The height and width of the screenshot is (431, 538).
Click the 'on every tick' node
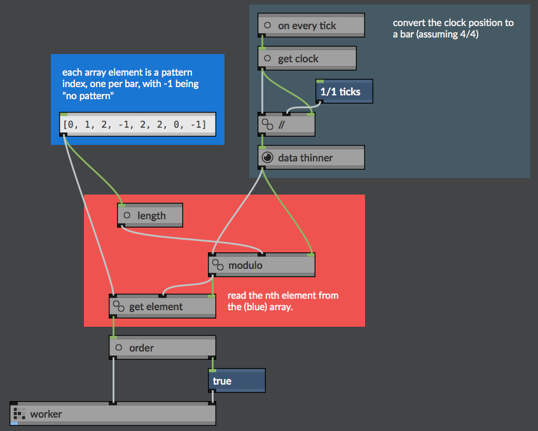(311, 25)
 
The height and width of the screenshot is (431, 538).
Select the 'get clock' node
(307, 58)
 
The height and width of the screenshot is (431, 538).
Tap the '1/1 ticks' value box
(344, 91)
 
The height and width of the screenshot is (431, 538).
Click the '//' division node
(286, 125)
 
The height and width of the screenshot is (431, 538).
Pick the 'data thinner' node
(311, 158)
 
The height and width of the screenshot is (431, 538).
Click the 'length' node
(150, 215)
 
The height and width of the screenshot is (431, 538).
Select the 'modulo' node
(261, 265)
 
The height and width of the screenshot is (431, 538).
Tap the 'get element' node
(162, 306)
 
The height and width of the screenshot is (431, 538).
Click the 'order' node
(162, 348)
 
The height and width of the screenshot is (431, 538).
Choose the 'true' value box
(237, 381)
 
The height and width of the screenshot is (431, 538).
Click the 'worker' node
(113, 413)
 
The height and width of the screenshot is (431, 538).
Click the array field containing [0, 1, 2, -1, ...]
(137, 124)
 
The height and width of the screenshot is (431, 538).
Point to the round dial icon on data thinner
(267, 158)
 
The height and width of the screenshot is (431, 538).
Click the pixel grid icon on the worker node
(19, 413)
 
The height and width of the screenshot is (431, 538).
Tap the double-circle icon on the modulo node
(217, 264)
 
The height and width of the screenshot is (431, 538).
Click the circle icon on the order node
(119, 347)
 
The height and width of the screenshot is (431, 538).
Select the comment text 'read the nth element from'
(283, 295)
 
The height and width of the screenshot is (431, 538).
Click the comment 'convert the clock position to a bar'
(453, 29)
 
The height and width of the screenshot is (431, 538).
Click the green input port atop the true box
(212, 371)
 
